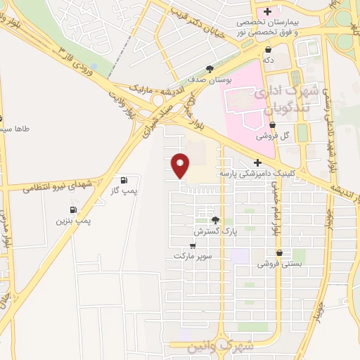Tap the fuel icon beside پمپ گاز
pyautogui.click(x=124, y=180)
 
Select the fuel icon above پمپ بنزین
pyautogui.click(x=73, y=210)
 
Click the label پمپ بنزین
pyautogui.click(x=74, y=221)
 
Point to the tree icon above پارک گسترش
pyautogui.click(x=215, y=220)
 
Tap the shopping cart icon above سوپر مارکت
pyautogui.click(x=193, y=246)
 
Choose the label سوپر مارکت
pyautogui.click(x=188, y=257)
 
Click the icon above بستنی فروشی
pyautogui.click(x=280, y=253)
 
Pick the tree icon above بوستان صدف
pyautogui.click(x=210, y=68)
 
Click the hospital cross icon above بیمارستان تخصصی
pyautogui.click(x=268, y=12)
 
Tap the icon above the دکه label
pyautogui.click(x=269, y=49)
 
